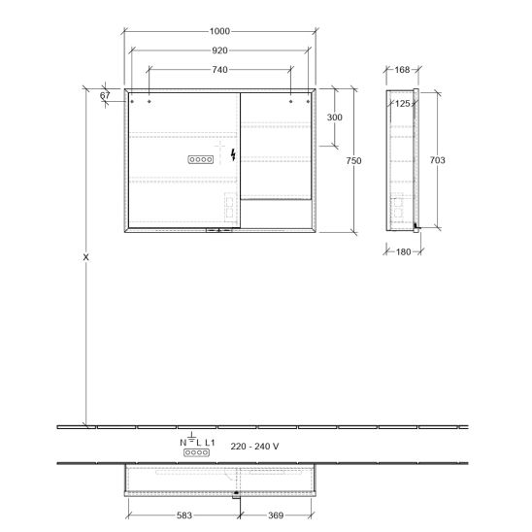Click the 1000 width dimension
point(219,31)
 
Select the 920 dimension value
point(219,50)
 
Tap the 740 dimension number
point(219,70)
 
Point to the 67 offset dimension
point(105,95)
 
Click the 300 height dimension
point(334,117)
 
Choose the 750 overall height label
point(353,160)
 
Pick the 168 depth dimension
point(402,70)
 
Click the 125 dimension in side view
point(403,104)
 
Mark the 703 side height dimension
point(437,160)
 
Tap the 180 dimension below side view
point(404,251)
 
